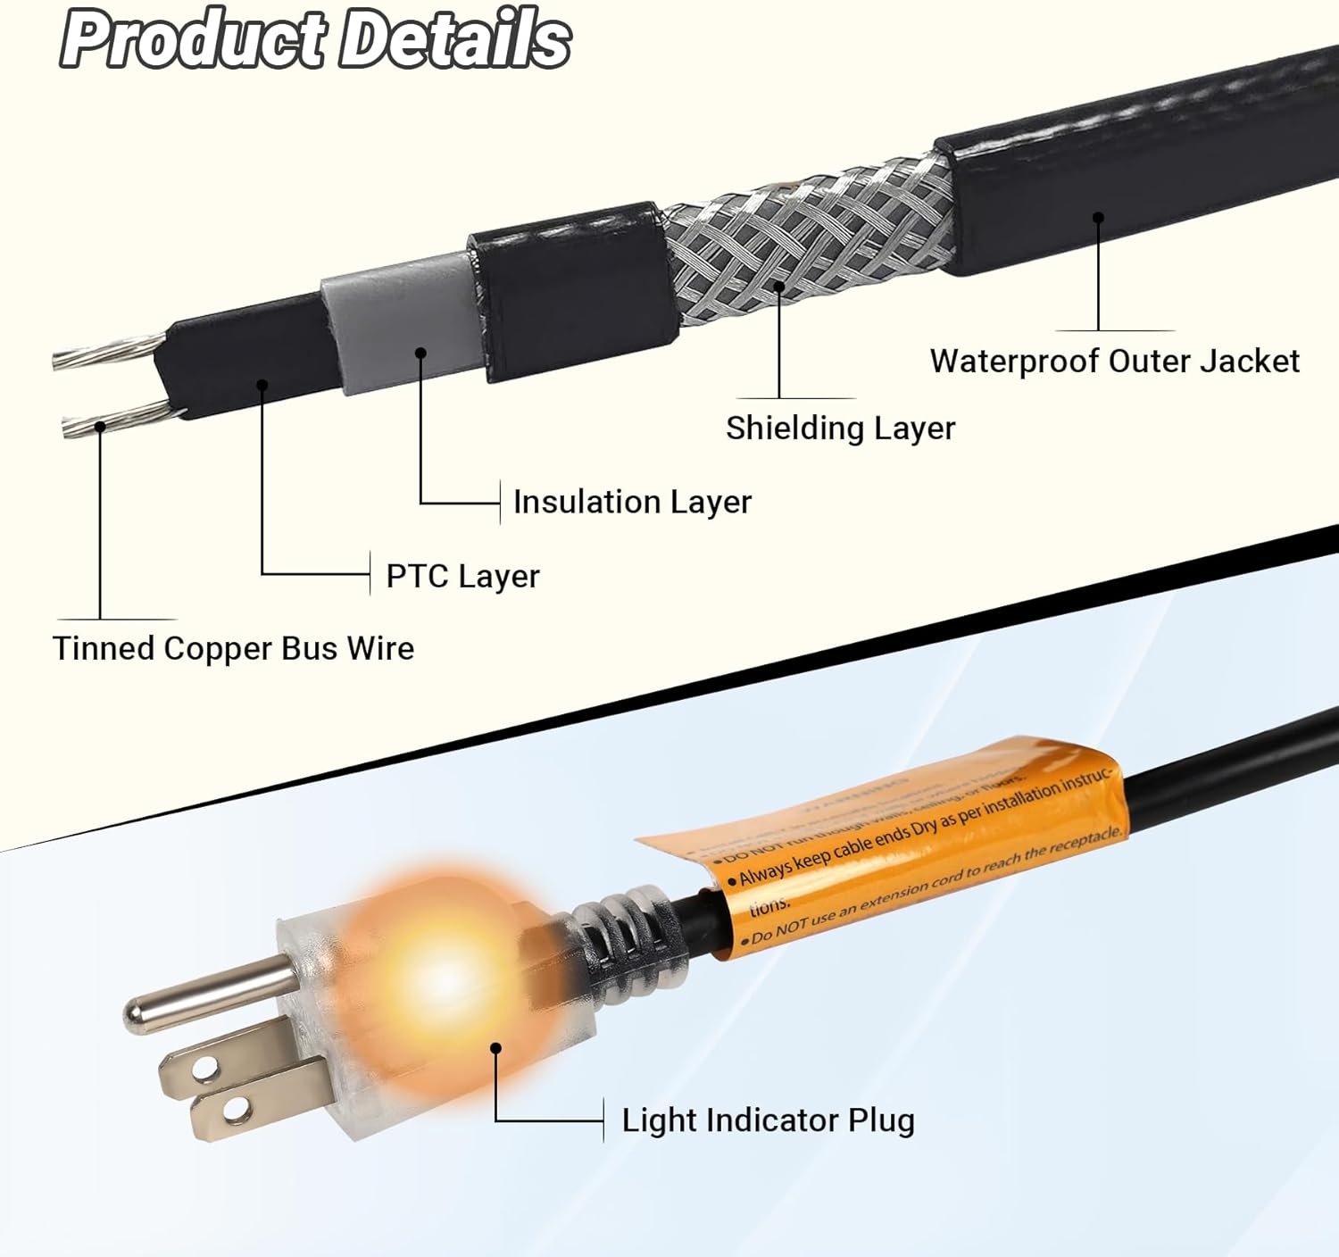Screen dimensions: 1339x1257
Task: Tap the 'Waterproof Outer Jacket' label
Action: pyautogui.click(x=1114, y=362)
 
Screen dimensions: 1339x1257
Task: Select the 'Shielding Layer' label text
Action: pyautogui.click(x=840, y=429)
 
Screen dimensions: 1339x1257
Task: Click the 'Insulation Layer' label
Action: pyautogui.click(x=632, y=503)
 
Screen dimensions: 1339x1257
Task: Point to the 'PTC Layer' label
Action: pyautogui.click(x=462, y=577)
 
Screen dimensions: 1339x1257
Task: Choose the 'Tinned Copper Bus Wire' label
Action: pyautogui.click(x=233, y=649)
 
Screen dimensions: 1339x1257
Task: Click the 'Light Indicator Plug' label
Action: pyautogui.click(x=768, y=1120)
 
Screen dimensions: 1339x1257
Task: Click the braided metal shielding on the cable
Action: pyautogui.click(x=803, y=241)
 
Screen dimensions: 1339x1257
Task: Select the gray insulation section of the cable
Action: pyautogui.click(x=397, y=317)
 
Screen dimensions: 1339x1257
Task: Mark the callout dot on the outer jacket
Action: pyautogui.click(x=1098, y=217)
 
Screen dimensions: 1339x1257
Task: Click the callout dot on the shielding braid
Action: pyautogui.click(x=778, y=287)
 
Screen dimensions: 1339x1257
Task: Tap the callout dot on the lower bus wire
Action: pyautogui.click(x=101, y=427)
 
